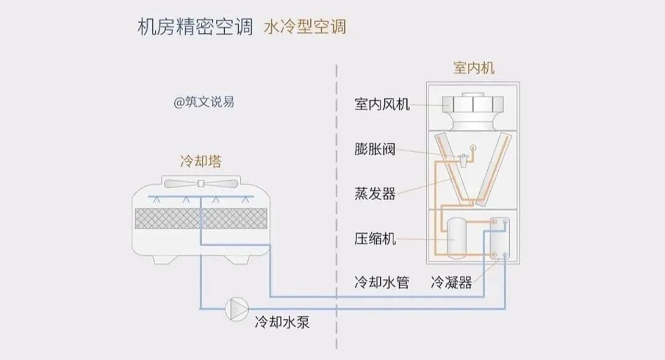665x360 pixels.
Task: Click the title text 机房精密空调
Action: click(195, 28)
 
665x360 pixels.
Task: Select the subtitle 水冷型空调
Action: click(305, 27)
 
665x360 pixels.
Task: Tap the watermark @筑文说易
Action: click(204, 102)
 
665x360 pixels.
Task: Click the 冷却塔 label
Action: click(201, 162)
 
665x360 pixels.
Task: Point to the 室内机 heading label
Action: click(474, 68)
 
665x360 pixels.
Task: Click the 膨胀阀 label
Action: click(375, 149)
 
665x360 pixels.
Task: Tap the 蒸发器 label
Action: click(375, 194)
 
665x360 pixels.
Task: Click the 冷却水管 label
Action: click(382, 282)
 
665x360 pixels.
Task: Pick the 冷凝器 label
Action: click(451, 282)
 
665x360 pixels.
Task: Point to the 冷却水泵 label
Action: click(282, 321)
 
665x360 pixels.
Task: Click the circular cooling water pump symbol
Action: click(237, 306)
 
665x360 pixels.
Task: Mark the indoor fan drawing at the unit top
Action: click(474, 110)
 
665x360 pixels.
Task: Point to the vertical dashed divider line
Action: click(336, 185)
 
